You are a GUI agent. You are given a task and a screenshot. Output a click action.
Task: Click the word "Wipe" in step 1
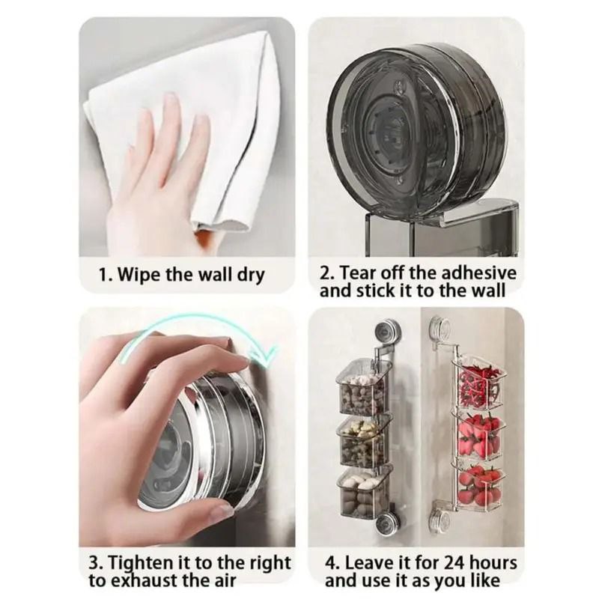click(x=138, y=275)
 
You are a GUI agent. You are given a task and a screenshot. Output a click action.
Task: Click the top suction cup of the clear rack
click(x=441, y=329)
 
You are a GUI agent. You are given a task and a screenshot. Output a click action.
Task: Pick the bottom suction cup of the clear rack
click(x=443, y=519)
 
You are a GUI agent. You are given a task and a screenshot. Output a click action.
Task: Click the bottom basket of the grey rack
click(x=364, y=493)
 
